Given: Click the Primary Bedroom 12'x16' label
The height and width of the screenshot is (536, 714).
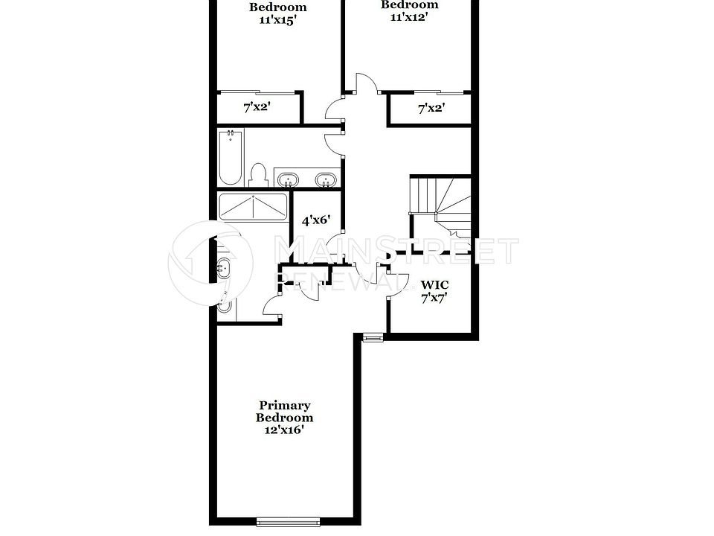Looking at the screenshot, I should [x=284, y=418].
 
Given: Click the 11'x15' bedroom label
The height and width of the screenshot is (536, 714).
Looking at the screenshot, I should [x=277, y=13].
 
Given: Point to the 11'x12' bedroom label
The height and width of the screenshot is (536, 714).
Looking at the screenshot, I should [x=410, y=10].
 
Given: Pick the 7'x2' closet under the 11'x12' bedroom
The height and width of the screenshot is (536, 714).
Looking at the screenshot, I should [x=431, y=109].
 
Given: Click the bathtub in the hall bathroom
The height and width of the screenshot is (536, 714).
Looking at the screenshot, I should [x=231, y=158].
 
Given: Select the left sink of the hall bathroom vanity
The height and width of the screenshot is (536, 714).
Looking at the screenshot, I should [x=289, y=179].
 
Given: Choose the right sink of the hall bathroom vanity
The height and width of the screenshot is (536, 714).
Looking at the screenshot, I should [x=324, y=179].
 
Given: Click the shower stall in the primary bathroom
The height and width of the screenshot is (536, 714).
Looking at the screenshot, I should [x=253, y=206].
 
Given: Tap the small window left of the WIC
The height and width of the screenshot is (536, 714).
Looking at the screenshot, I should [x=372, y=337].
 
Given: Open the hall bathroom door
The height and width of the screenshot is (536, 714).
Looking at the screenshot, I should [x=335, y=141].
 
